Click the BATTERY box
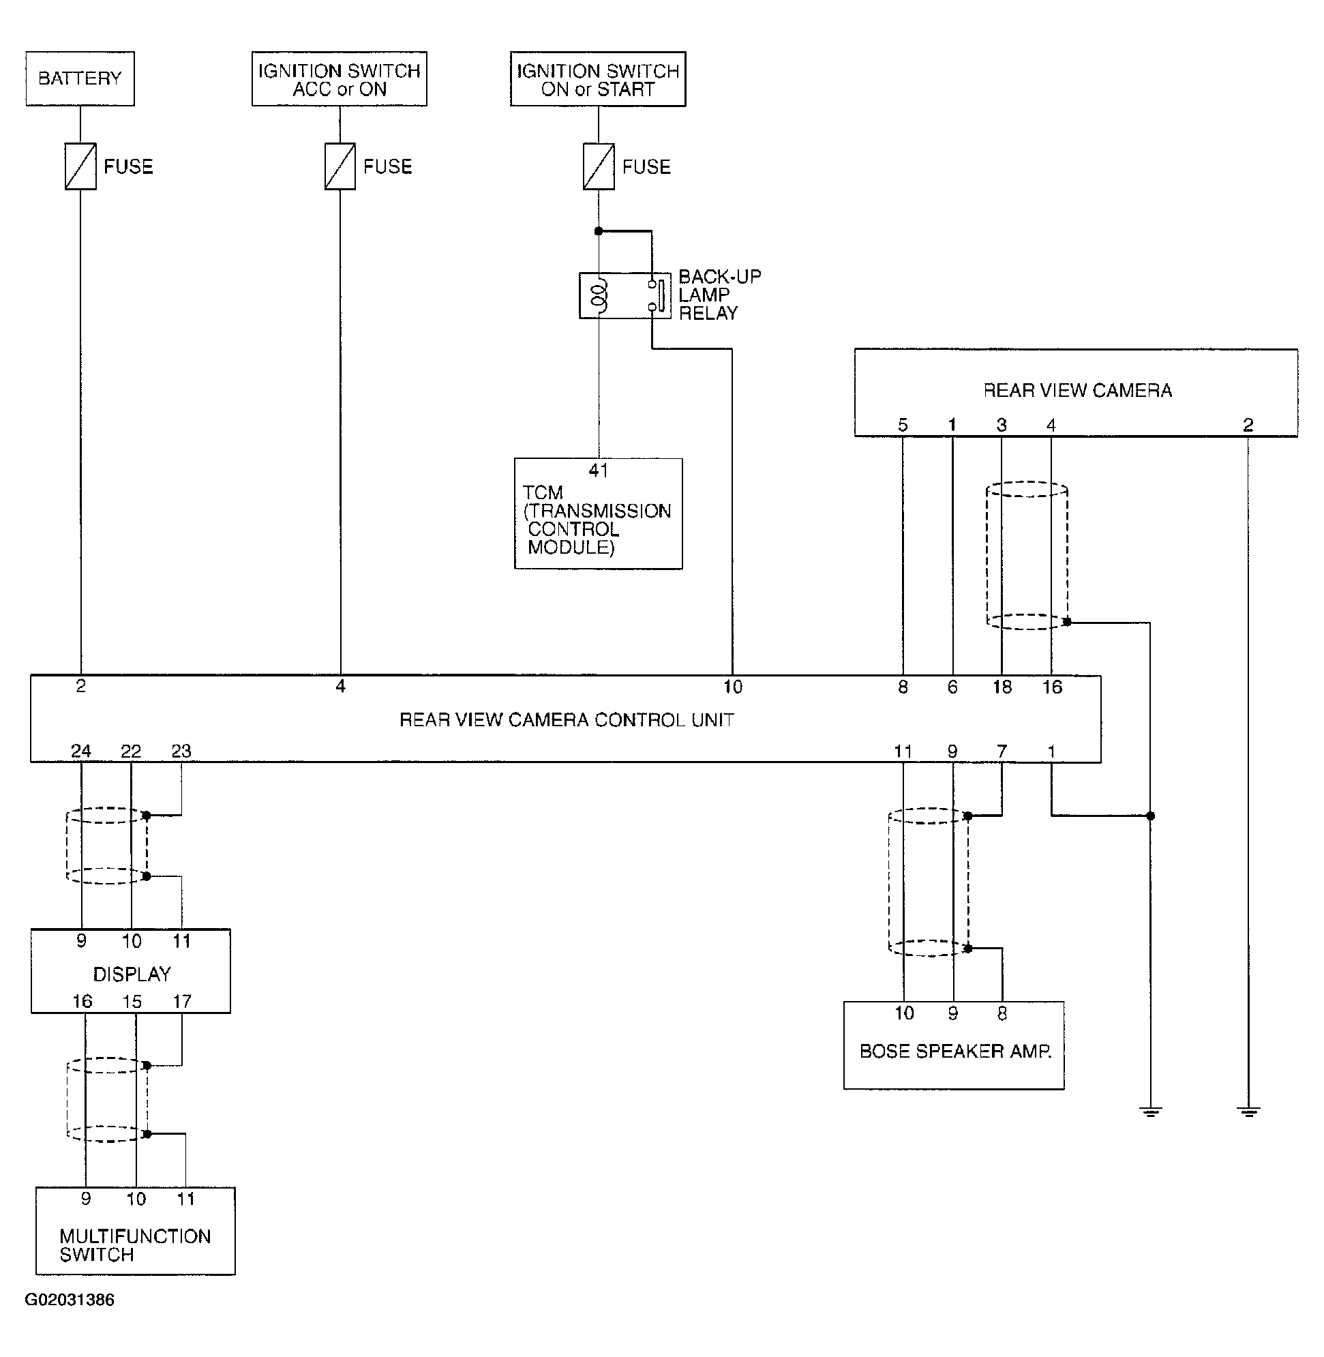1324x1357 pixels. click(80, 78)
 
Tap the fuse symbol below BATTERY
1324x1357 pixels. click(80, 166)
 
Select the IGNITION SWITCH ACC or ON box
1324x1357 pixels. click(340, 79)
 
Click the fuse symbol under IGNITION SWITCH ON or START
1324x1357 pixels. click(598, 166)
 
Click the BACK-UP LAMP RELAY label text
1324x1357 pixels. click(719, 295)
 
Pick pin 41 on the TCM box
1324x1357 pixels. click(598, 471)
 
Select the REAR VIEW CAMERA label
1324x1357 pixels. click(1077, 391)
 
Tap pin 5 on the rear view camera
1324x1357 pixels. click(903, 425)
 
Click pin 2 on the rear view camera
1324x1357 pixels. click(1248, 425)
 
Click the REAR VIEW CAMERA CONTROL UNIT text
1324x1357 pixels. click(566, 720)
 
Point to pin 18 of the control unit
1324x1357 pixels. click(1002, 687)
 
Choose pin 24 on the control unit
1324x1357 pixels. click(80, 751)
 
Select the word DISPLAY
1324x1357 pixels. click(132, 974)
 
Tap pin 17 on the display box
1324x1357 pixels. click(182, 1002)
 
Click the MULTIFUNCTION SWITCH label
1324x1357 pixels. click(134, 1246)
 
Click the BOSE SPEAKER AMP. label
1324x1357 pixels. click(955, 1052)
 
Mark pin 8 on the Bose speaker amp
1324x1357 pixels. click(1002, 1014)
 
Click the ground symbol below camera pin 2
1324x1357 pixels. click(1249, 1112)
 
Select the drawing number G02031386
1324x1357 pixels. click(70, 1300)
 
